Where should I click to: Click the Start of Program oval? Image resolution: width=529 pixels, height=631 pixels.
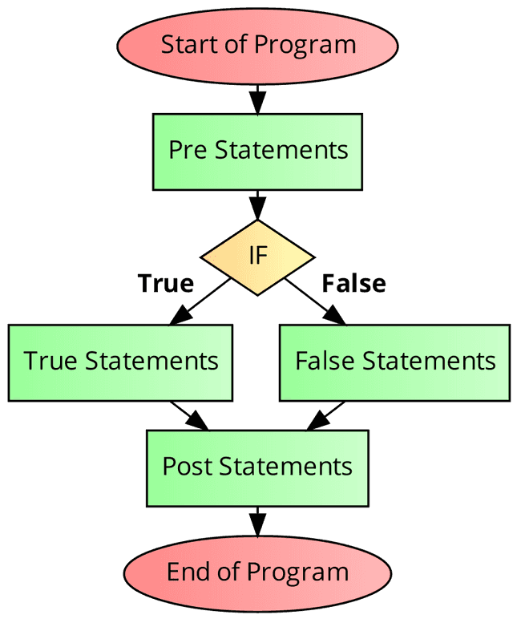[x=257, y=44]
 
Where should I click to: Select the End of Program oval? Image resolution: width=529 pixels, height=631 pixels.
[x=257, y=572]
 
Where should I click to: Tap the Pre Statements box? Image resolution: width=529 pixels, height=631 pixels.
[x=257, y=151]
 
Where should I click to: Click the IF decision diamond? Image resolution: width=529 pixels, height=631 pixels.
[x=257, y=257]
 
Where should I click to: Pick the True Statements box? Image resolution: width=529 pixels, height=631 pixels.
[x=120, y=362]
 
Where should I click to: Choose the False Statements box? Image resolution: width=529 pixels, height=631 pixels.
[x=394, y=362]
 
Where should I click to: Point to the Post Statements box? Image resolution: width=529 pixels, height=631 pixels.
[x=257, y=467]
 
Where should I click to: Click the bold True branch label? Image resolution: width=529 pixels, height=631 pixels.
[x=165, y=284]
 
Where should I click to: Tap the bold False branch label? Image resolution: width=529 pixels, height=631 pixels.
[x=353, y=284]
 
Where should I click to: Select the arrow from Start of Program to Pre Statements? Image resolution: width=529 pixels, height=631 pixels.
[x=257, y=98]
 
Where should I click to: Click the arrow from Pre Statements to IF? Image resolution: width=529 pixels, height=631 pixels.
[x=257, y=205]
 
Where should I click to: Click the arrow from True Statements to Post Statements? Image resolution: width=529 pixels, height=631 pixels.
[x=190, y=415]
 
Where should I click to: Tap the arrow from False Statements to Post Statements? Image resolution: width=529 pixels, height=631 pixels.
[x=325, y=415]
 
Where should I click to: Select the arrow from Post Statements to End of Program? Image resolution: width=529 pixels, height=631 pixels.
[x=257, y=521]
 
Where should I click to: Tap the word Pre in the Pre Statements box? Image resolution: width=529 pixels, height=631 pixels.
[x=188, y=151]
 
